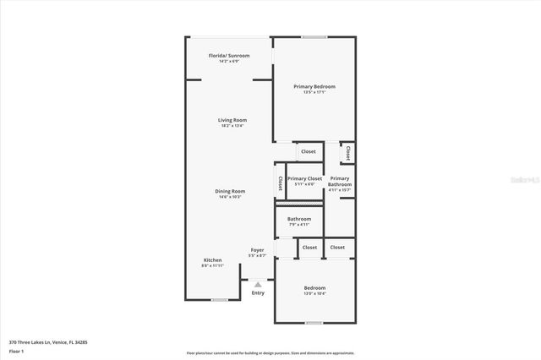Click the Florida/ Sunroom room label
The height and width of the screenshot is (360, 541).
point(230,56)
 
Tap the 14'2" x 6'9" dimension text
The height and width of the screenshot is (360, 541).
point(230,62)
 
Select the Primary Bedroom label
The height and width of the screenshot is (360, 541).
point(314,86)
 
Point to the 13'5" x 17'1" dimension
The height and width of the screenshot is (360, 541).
point(314,92)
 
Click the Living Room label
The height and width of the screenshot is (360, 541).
point(232,120)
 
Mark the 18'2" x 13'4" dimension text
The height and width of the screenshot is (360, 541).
point(232,126)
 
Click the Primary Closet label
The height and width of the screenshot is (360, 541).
point(304,178)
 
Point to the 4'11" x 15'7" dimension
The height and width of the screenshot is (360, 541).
point(340,190)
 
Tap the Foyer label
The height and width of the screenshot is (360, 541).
point(258,249)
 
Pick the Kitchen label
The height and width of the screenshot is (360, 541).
point(213,259)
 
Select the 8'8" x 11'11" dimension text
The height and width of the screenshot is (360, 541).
point(213,265)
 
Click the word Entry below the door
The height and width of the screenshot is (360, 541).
point(258,292)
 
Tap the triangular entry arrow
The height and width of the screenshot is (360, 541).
point(258,285)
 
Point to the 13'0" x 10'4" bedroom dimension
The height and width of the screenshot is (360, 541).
point(314,294)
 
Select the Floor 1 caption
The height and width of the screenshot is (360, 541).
point(16,351)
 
